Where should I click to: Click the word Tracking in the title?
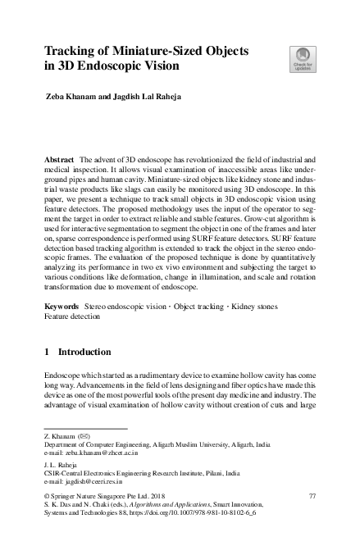pyautogui.click(x=72, y=51)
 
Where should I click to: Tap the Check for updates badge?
pyautogui.click(x=301, y=60)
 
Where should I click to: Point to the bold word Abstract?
pyautogui.click(x=62, y=156)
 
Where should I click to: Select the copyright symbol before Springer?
pyautogui.click(x=47, y=498)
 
